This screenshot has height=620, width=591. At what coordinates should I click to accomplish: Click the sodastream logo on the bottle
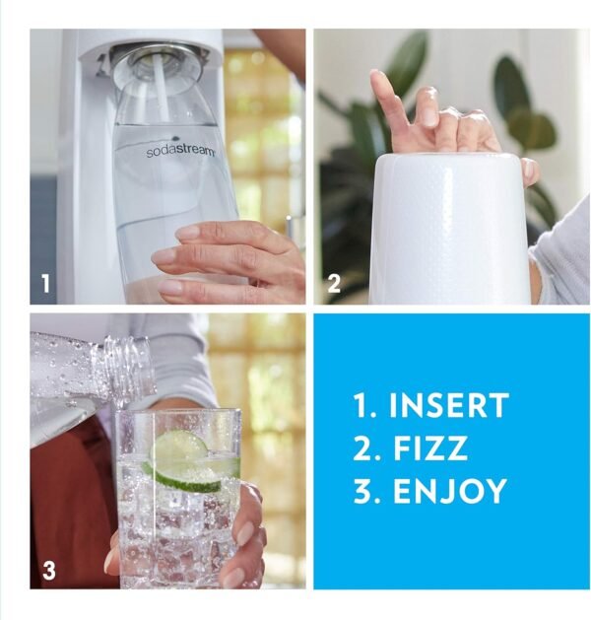180,151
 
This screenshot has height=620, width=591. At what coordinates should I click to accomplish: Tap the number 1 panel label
45,285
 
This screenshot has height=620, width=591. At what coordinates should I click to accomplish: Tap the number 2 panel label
333,285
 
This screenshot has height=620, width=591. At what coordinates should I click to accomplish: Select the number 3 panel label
48,569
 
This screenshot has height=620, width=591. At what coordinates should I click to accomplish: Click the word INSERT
449,405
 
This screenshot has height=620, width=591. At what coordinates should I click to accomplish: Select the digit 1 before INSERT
361,406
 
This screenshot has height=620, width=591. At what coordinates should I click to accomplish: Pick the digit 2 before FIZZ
361,448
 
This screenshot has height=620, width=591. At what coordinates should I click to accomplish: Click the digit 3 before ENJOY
361,491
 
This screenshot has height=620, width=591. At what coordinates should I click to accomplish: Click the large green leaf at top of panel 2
405,64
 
